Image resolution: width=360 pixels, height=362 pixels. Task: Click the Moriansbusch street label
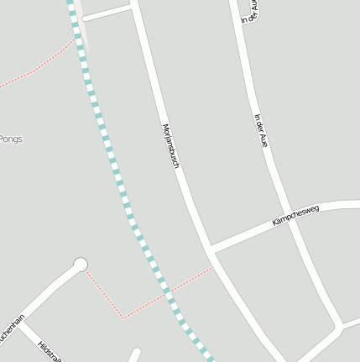[170, 147]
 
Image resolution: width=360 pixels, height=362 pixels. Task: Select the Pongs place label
[11, 139]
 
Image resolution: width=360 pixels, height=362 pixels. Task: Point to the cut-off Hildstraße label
[50, 352]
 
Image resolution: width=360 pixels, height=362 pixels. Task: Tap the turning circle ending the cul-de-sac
[81, 265]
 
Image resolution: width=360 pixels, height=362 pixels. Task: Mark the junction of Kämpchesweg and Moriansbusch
[210, 250]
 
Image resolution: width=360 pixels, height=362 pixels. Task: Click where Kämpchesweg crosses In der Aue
[293, 222]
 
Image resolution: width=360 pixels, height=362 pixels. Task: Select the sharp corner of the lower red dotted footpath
[123, 317]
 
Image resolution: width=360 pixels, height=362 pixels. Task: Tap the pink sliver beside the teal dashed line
[82, 34]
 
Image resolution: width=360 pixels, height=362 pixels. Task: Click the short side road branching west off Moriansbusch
[107, 12]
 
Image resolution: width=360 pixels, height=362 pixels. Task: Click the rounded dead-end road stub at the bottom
[134, 354]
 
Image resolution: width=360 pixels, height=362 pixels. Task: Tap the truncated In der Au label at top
[249, 11]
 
